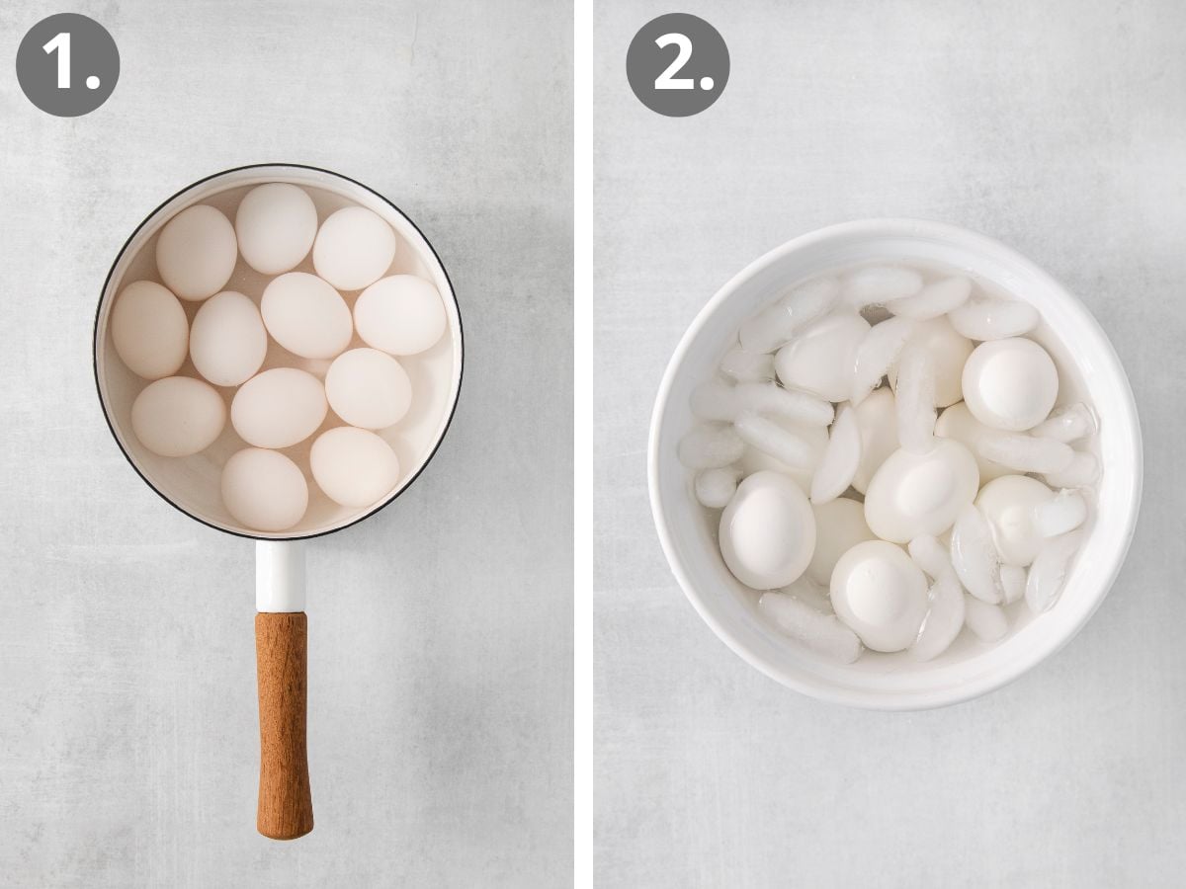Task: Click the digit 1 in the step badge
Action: [x=57, y=65]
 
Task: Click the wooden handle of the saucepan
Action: [x=284, y=721]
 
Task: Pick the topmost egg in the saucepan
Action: [x=276, y=228]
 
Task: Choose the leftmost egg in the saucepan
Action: [x=149, y=329]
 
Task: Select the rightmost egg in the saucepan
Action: [x=399, y=314]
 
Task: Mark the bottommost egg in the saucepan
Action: [x=264, y=488]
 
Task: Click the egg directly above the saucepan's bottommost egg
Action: [x=279, y=407]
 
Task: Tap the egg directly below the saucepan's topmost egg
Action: [x=305, y=314]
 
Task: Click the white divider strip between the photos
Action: [x=583, y=444]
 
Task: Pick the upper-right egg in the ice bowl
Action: [x=1009, y=383]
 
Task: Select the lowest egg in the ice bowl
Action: [x=879, y=595]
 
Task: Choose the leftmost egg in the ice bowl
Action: [x=767, y=528]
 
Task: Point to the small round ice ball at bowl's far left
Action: [x=715, y=486]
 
